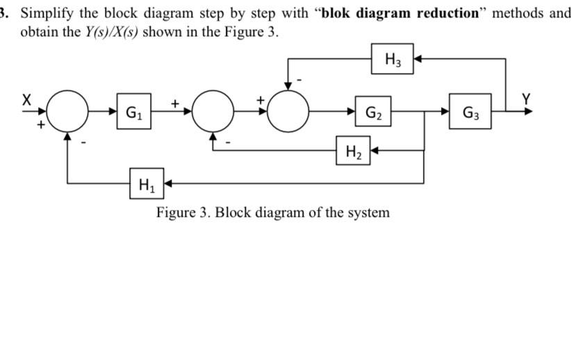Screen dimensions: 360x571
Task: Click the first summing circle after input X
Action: (x=67, y=111)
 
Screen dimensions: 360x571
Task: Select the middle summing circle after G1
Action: (x=213, y=111)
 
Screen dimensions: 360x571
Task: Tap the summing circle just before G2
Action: (x=288, y=111)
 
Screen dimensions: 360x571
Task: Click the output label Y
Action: (x=526, y=98)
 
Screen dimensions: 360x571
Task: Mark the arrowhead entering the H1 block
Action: (x=167, y=183)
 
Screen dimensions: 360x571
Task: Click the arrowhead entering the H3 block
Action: (x=416, y=59)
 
